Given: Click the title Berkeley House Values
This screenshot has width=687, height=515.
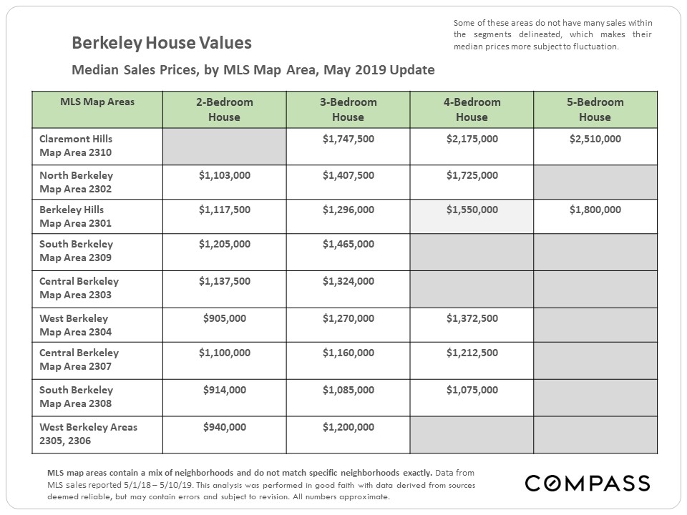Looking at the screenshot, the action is point(162,43).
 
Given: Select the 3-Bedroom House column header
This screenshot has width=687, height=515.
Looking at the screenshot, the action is point(349,109).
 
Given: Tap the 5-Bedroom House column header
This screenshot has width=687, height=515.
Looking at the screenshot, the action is point(595,109).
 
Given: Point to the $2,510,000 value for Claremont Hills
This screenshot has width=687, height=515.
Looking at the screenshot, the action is point(595,139).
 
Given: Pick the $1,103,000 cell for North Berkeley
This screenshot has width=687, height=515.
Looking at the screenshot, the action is point(225,175).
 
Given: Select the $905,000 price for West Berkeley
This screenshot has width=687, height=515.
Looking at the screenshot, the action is point(225,318).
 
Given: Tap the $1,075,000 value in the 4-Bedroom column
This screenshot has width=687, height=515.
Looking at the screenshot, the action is point(472,390).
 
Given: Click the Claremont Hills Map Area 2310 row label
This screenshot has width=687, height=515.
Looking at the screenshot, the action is point(76,145).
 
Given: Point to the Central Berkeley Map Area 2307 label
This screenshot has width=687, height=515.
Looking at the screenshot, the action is point(79,359).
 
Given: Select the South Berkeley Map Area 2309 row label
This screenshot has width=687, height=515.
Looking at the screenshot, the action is point(77,250).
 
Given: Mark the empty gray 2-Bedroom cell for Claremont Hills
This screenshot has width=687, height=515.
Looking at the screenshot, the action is point(225,146).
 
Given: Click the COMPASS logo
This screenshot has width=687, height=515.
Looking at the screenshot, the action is point(588,484).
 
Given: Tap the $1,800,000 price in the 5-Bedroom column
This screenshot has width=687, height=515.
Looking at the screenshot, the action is point(595,210).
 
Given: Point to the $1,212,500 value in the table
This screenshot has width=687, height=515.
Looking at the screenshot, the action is point(472,353).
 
